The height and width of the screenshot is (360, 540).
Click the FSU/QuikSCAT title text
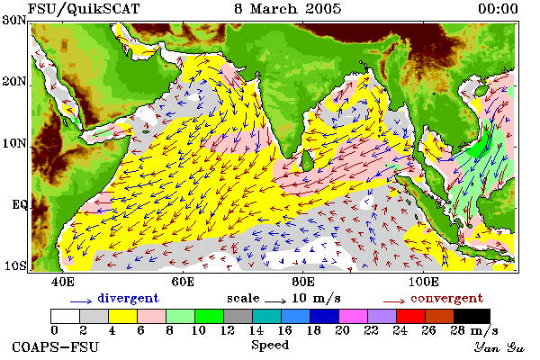click(x=84, y=9)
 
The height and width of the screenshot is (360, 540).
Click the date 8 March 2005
click(x=288, y=9)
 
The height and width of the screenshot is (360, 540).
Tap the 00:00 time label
click(x=498, y=9)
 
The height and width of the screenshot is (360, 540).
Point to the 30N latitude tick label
click(x=14, y=20)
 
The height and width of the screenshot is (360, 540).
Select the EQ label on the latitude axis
click(x=19, y=205)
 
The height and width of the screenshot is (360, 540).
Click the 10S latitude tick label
click(x=14, y=265)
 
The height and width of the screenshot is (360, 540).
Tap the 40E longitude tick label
click(x=63, y=282)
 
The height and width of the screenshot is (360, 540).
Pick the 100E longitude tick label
click(x=424, y=282)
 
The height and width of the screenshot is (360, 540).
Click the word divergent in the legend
click(x=128, y=298)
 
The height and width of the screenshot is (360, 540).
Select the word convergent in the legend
click(x=446, y=298)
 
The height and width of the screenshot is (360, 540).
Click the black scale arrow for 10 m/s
click(x=275, y=301)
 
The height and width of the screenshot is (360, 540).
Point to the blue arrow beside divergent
click(x=81, y=301)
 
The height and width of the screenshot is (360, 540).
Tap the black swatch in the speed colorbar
click(x=472, y=316)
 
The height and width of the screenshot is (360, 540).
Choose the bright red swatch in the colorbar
click(x=410, y=316)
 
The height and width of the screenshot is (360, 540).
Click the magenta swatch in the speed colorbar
click(x=353, y=316)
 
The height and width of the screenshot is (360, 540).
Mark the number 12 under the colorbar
click(x=227, y=330)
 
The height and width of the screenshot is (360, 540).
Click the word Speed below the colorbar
click(x=270, y=346)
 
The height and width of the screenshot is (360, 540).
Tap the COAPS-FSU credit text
click(x=56, y=346)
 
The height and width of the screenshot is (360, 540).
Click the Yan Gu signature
click(x=499, y=347)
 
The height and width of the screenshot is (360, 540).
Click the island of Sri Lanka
click(x=307, y=161)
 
